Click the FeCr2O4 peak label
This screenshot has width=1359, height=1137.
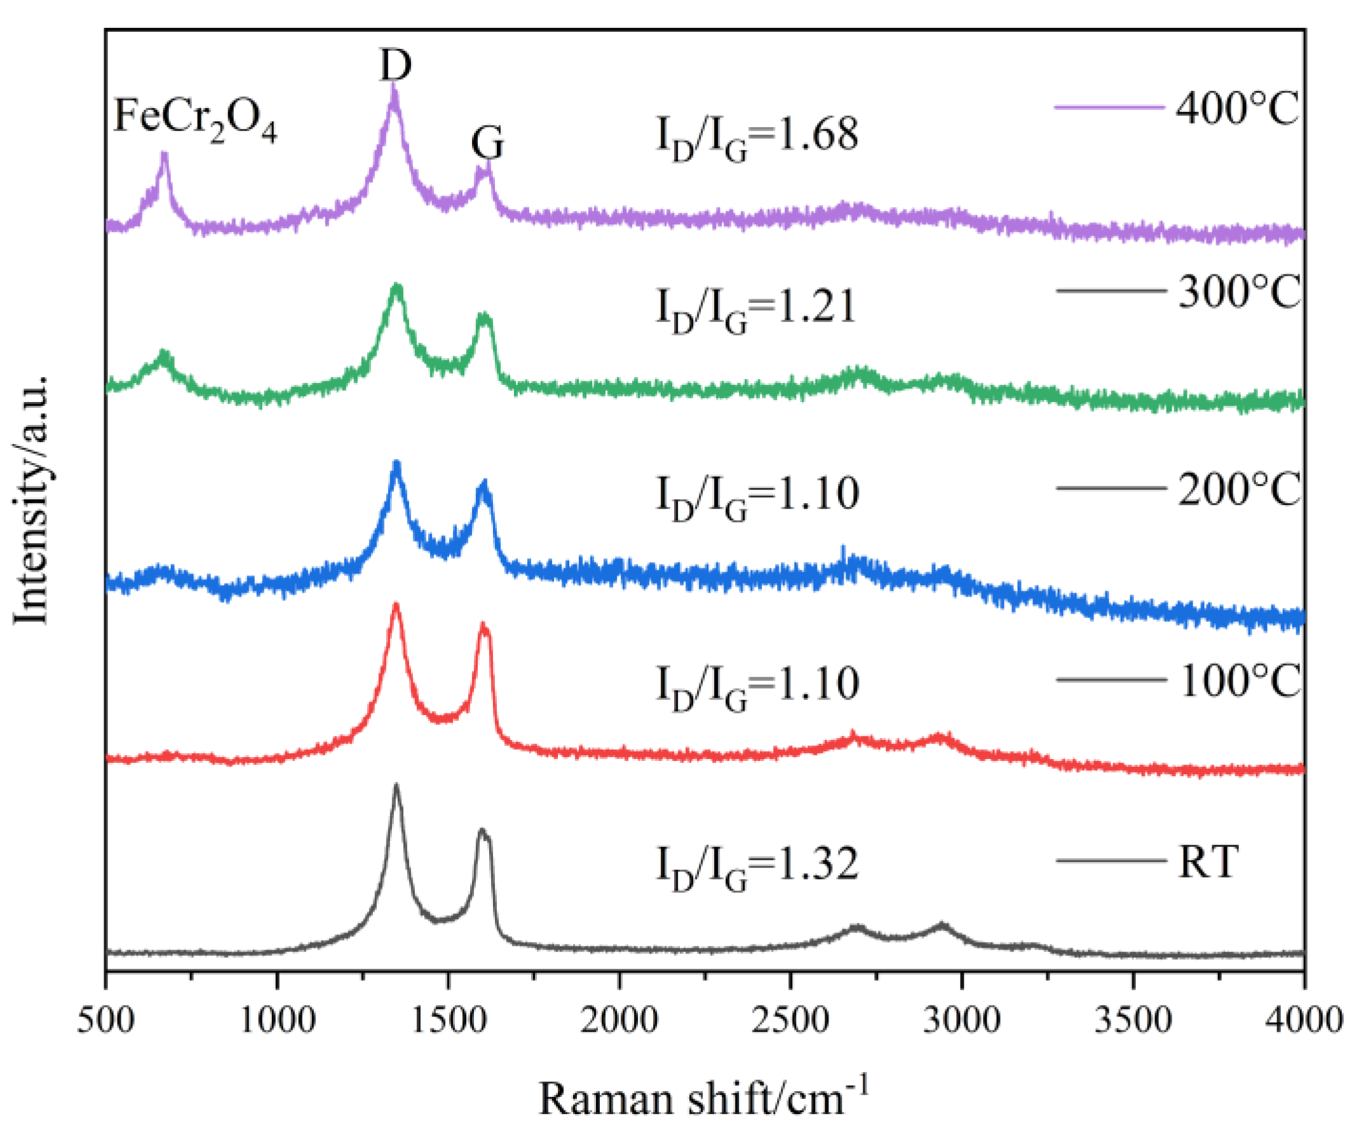pyautogui.click(x=195, y=119)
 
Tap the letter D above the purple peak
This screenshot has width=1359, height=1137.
pyautogui.click(x=395, y=65)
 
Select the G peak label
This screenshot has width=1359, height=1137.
pyautogui.click(x=487, y=142)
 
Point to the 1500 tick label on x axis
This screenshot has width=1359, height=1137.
pyautogui.click(x=448, y=1021)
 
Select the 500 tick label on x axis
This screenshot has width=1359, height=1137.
pyautogui.click(x=105, y=1021)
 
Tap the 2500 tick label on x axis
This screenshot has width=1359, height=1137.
pyautogui.click(x=790, y=1021)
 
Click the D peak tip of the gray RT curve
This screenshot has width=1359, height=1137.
pyautogui.click(x=396, y=785)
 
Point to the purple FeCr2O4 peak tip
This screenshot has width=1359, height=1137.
pyautogui.click(x=165, y=154)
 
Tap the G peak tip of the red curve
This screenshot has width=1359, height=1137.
pyautogui.click(x=482, y=624)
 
